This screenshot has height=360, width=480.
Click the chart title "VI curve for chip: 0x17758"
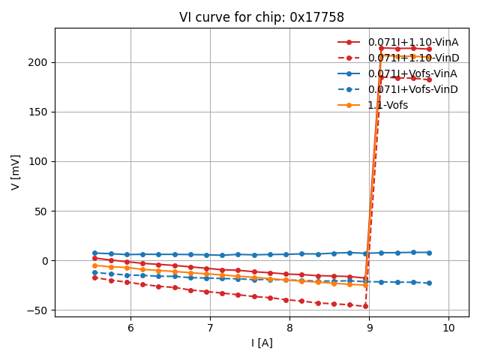click(262, 17)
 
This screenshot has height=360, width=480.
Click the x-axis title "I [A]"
click(262, 343)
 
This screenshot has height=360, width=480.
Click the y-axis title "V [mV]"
click(16, 172)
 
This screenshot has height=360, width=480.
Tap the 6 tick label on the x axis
click(130, 328)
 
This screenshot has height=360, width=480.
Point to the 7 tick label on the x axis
click(210, 328)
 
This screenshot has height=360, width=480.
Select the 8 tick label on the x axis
click(289, 328)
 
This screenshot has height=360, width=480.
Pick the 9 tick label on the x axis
click(369, 328)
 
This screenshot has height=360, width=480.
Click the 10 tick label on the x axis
click(448, 328)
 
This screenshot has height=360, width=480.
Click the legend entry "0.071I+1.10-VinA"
click(412, 42)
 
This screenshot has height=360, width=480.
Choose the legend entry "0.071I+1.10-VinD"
click(412, 58)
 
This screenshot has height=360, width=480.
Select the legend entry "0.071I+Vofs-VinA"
click(412, 73)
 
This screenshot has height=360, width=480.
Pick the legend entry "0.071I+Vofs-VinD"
click(412, 89)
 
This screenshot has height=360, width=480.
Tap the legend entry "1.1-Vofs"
click(388, 105)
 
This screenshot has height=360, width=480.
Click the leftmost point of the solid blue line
click(94, 253)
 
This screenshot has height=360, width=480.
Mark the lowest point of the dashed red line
click(365, 306)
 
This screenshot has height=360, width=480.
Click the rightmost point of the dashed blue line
click(429, 283)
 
